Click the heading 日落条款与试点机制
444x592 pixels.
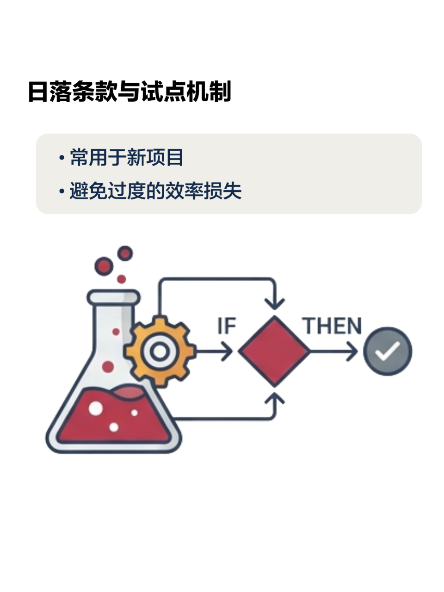(129, 92)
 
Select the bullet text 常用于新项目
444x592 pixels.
(126, 157)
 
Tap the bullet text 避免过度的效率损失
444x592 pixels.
(155, 191)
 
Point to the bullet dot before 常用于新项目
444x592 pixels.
(62, 158)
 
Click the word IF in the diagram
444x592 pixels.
(227, 326)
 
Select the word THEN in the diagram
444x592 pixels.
(332, 326)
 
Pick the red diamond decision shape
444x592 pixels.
(274, 351)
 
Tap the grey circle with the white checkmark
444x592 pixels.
(388, 351)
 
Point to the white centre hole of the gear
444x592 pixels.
(160, 351)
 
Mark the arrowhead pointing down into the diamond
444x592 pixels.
(275, 303)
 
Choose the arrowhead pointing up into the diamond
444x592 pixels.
(275, 399)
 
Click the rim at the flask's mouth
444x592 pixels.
(114, 296)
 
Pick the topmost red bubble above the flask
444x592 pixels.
(125, 253)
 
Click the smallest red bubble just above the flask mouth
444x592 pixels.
(122, 279)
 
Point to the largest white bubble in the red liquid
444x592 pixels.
(96, 408)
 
